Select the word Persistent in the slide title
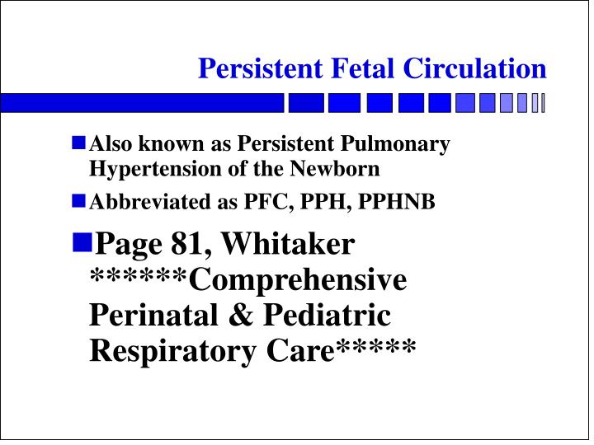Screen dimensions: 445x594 tap(253, 68)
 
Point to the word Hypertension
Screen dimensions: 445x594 tap(145, 169)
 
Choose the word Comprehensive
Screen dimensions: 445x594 tap(298, 280)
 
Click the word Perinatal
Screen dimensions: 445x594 tap(146, 316)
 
